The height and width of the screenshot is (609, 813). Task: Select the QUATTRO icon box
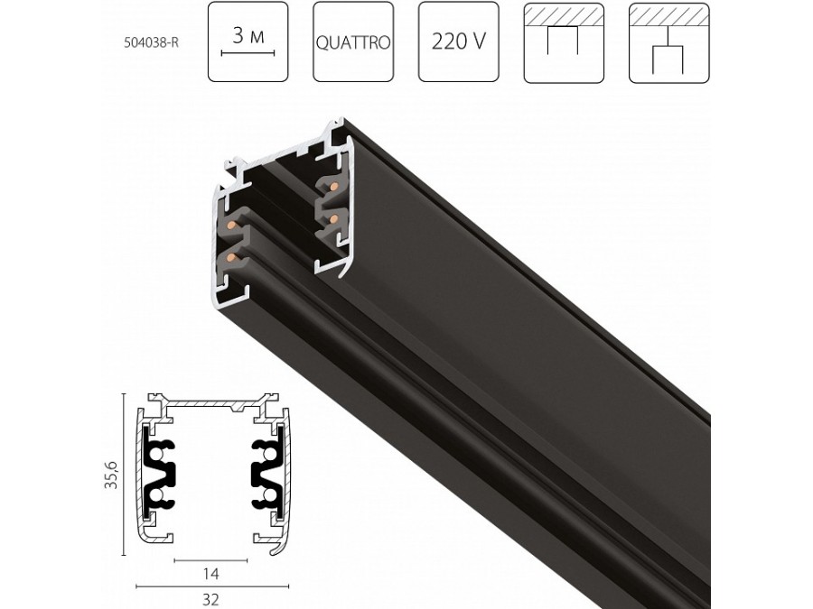pos(353,42)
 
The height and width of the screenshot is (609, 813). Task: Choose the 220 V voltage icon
pos(459,42)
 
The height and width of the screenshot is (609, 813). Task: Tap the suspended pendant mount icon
pos(669,42)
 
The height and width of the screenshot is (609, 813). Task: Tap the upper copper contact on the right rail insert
pos(333,187)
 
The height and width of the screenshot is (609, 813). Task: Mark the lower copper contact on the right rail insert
pos(333,218)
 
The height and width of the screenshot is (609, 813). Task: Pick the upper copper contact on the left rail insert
pos(232,223)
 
